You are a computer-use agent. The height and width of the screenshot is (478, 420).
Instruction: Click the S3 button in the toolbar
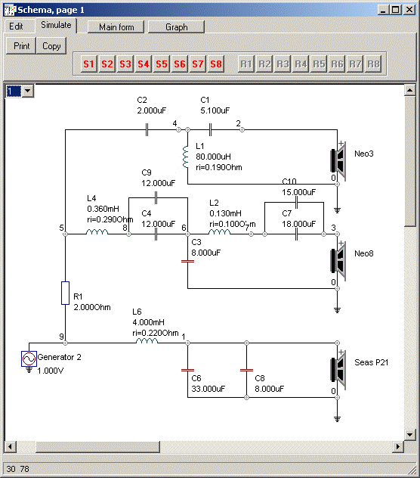coord(125,64)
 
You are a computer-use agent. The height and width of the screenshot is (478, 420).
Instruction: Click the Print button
coord(21,46)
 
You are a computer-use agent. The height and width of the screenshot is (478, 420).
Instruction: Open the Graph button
coord(176,27)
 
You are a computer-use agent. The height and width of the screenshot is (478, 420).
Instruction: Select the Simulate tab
coord(56,25)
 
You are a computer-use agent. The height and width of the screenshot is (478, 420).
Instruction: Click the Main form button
coord(116,27)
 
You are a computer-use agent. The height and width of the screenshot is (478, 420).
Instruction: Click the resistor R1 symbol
coord(65,293)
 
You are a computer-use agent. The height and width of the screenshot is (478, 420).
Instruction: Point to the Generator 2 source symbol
coord(29,358)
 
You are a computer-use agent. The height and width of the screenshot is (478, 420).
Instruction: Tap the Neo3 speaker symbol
coord(338,160)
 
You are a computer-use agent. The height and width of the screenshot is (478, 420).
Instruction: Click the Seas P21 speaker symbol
coord(338,370)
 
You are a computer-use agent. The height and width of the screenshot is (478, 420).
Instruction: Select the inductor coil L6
coord(147,341)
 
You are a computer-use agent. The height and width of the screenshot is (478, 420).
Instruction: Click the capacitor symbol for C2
coord(147,130)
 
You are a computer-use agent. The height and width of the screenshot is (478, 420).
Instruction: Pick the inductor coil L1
coord(186,157)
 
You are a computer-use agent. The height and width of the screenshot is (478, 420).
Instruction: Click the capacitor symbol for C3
coord(187,261)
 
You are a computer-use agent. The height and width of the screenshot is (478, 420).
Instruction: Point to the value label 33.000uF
coord(208,389)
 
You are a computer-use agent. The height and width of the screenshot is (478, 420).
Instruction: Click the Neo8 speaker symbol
coord(338,261)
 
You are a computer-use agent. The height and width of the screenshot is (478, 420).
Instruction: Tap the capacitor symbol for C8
coord(247,371)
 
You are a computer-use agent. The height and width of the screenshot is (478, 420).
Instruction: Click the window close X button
coord(409,10)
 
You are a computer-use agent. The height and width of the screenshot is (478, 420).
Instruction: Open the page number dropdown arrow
coord(28,91)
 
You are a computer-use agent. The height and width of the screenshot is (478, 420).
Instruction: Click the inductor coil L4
coord(97,232)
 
